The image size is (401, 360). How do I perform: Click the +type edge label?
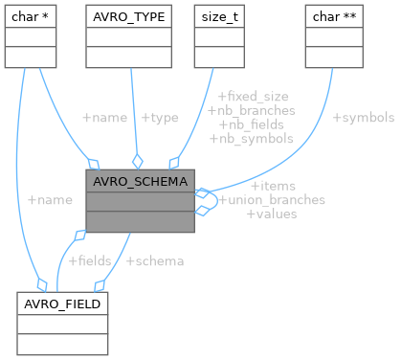(x=160, y=118)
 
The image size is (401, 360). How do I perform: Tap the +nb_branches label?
(x=251, y=110)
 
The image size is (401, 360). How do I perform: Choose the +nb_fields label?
(x=251, y=124)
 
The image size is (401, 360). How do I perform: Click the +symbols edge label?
(x=363, y=118)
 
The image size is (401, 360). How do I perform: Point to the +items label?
(x=273, y=186)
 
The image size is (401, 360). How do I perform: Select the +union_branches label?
(x=273, y=200)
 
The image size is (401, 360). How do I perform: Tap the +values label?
(x=273, y=214)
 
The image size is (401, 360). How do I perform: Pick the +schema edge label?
(x=155, y=260)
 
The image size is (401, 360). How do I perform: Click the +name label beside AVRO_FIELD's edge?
(x=50, y=200)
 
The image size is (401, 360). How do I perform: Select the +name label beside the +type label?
(x=105, y=118)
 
